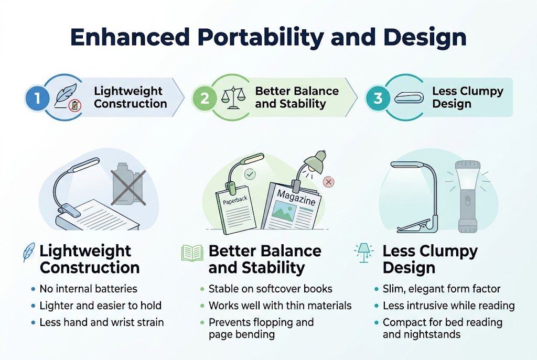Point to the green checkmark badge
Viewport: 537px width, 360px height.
[x=250, y=174]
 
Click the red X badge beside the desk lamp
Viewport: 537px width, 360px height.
[x=329, y=182]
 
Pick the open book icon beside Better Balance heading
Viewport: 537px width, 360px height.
[x=192, y=253]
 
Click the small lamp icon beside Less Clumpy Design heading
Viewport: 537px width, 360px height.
[x=363, y=252]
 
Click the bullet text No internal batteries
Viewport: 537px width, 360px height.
[x=88, y=289]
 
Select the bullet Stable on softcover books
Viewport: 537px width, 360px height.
[x=270, y=289]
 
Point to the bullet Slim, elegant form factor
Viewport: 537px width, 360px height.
[x=441, y=289]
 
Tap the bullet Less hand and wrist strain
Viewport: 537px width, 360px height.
[x=101, y=322]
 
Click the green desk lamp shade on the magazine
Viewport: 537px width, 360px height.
[x=313, y=162]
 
